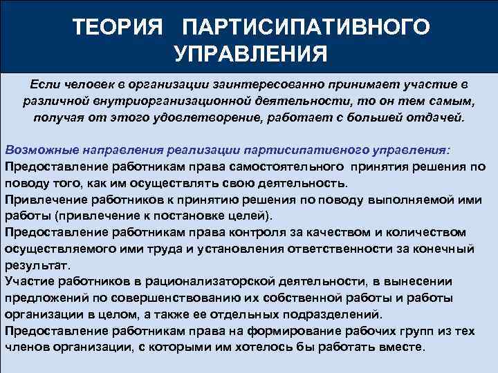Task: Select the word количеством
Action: (426, 231)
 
